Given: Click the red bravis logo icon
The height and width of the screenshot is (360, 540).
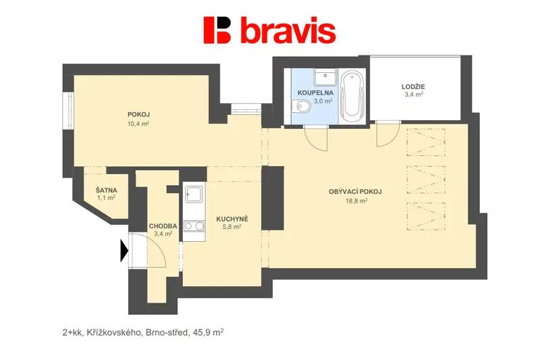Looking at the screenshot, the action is click(217, 30).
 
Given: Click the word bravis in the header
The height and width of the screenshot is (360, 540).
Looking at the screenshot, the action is click(288, 30).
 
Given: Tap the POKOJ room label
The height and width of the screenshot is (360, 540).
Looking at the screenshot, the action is click(138, 114).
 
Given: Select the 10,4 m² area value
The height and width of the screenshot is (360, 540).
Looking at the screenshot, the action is click(138, 124).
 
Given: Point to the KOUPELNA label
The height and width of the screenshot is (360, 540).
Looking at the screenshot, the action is click(315, 93).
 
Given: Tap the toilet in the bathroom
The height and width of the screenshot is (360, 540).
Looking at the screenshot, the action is click(301, 106).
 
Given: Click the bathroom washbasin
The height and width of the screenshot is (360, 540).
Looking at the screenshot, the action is click(325, 77).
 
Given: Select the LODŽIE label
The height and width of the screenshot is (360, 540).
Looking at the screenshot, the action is click(413, 87).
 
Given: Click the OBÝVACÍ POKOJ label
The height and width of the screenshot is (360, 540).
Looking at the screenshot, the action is click(355, 192).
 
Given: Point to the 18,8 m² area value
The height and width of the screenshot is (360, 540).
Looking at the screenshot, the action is click(356, 201).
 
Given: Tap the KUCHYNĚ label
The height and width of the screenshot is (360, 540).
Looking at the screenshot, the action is click(232, 219).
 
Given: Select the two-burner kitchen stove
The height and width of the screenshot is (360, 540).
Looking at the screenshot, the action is click(194, 226).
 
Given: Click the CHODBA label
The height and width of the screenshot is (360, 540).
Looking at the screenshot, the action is click(163, 226).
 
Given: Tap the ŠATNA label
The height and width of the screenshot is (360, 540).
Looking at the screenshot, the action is click(107, 190).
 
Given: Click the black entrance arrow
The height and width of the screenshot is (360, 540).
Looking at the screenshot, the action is click(124, 251).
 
